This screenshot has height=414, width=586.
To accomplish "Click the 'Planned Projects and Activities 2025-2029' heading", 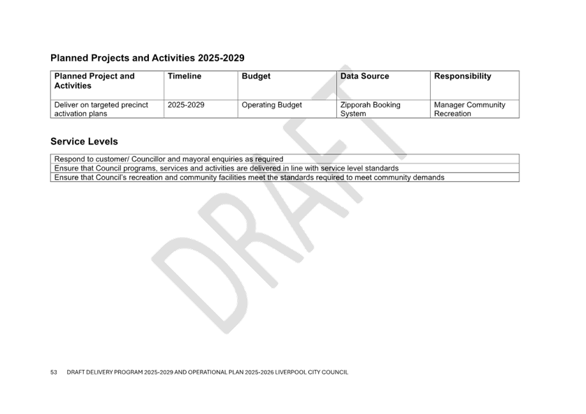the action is [x=147, y=58].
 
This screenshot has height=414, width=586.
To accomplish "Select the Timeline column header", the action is [x=184, y=76].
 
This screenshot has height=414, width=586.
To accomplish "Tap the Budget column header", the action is [x=256, y=76].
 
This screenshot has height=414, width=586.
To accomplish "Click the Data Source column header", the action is [x=365, y=76].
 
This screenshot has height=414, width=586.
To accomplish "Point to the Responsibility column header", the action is [x=463, y=76].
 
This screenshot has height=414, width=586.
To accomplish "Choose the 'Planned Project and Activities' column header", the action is [x=95, y=80].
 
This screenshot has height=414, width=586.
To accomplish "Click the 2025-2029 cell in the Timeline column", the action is [x=186, y=105].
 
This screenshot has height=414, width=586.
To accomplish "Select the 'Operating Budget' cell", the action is [x=272, y=105].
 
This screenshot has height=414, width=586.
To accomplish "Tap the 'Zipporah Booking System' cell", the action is [x=371, y=109].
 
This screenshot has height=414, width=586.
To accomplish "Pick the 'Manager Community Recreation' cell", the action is [x=470, y=109].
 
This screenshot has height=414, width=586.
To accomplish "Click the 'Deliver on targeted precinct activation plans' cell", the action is [x=101, y=109].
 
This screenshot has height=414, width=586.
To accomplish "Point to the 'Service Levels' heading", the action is [x=84, y=141].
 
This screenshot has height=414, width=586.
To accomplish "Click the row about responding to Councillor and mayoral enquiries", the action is [x=169, y=159].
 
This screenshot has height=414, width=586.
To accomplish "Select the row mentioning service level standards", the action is [x=226, y=168].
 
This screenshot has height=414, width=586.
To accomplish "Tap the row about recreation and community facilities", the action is [x=249, y=178].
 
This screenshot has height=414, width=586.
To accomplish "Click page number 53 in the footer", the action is [x=54, y=372].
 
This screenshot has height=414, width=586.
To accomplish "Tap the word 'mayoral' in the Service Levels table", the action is [x=196, y=159].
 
